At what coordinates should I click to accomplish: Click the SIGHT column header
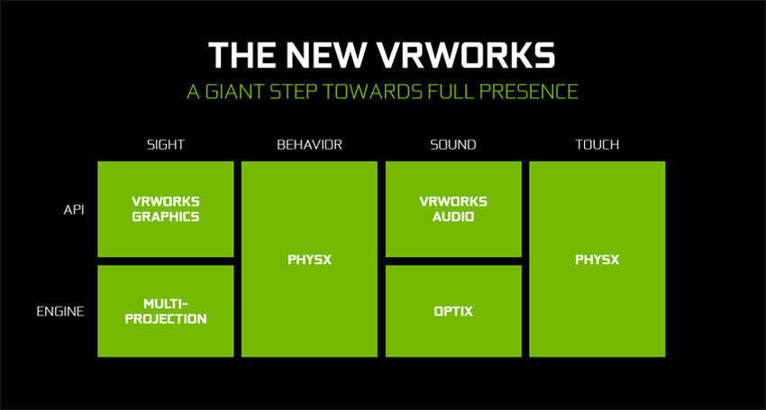pyautogui.click(x=165, y=144)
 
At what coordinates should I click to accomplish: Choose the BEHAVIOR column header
pyautogui.click(x=309, y=144)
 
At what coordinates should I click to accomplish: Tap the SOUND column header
pyautogui.click(x=453, y=144)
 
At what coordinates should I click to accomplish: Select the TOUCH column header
pyautogui.click(x=597, y=144)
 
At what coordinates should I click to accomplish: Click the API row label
pyautogui.click(x=73, y=208)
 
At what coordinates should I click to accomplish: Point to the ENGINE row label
pyautogui.click(x=60, y=312)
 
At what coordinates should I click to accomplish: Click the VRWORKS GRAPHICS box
pyautogui.click(x=165, y=208)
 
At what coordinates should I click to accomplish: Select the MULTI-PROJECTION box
pyautogui.click(x=165, y=311)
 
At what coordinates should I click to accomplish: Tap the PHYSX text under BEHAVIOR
pyautogui.click(x=309, y=260)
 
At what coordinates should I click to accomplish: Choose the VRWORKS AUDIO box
pyautogui.click(x=453, y=208)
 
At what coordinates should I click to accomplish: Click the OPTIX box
pyautogui.click(x=453, y=312)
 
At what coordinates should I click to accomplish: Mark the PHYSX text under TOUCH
pyautogui.click(x=597, y=260)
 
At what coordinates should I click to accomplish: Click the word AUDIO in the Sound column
pyautogui.click(x=453, y=216)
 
